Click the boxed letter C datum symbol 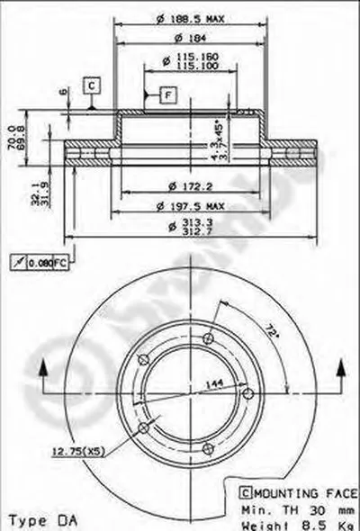tap(92, 85)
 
